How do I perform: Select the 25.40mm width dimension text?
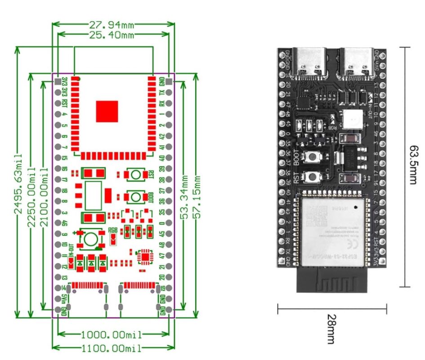click(x=113, y=35)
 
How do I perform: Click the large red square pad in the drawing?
click(x=107, y=111)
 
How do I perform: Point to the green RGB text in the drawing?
click(x=114, y=229)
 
